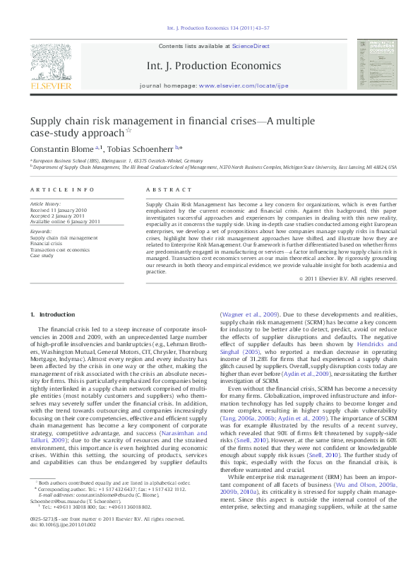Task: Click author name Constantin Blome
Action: (59, 149)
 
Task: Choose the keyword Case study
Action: (41, 255)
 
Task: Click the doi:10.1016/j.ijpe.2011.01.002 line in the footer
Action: (63, 545)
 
